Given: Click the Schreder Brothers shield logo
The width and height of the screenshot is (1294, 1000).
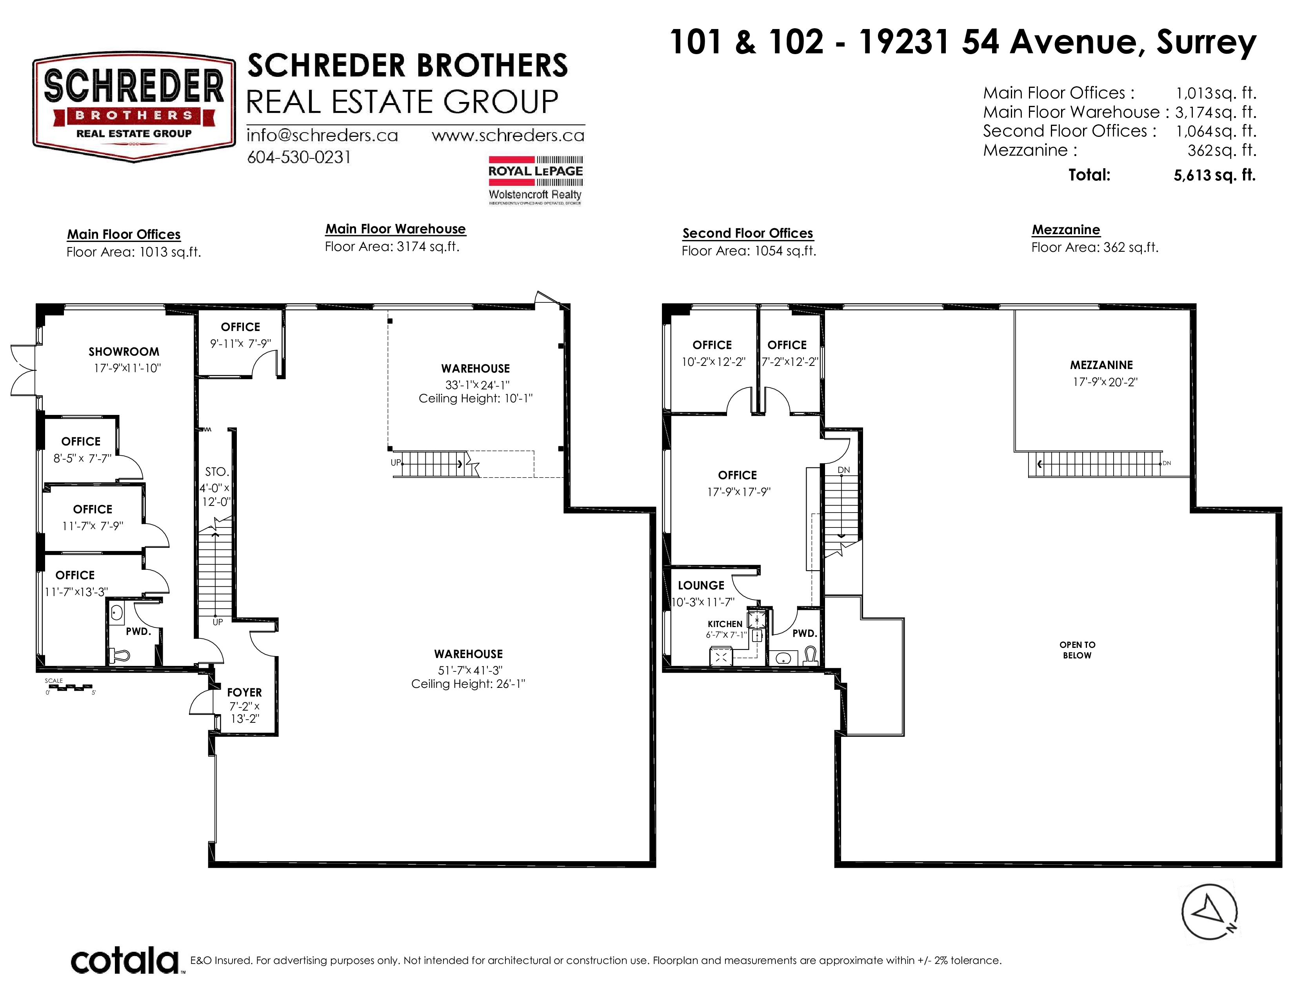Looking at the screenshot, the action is (x=134, y=107).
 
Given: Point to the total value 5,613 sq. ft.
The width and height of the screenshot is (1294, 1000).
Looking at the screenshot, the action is (x=1215, y=175).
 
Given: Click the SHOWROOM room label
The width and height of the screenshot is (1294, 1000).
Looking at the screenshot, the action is (x=124, y=351).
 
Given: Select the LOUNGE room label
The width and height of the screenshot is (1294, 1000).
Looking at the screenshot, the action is (x=701, y=585).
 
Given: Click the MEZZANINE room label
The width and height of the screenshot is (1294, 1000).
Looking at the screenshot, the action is (x=1101, y=365).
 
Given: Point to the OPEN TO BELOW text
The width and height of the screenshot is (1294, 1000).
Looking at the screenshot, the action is (x=1077, y=650).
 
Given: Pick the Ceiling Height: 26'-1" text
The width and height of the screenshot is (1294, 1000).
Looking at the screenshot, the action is (x=468, y=684).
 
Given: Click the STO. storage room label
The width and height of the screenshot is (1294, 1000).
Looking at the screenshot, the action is (x=216, y=471).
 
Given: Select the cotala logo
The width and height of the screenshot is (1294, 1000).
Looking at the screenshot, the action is (x=125, y=961).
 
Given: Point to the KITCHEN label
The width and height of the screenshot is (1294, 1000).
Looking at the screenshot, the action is (x=725, y=624).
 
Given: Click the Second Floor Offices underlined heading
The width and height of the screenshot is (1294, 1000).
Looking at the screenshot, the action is (x=748, y=233).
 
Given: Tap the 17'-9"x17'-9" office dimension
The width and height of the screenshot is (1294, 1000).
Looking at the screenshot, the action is (x=738, y=492).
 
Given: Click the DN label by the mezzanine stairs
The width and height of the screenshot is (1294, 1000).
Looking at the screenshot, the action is (x=1167, y=463).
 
